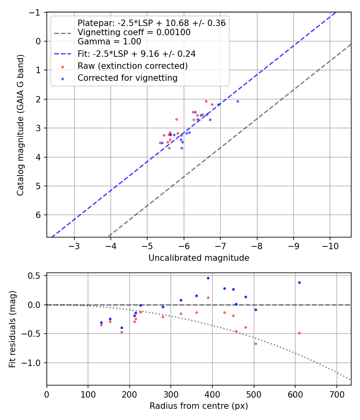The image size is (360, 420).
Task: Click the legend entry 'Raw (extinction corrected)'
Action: click(133, 66)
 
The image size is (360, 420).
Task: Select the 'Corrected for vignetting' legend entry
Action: click(128, 78)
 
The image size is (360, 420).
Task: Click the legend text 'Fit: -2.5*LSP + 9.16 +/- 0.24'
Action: click(136, 53)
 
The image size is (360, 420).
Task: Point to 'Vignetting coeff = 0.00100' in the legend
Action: click(134, 32)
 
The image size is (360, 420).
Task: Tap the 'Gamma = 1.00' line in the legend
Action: click(109, 41)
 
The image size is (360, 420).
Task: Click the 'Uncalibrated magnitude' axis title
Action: click(199, 258)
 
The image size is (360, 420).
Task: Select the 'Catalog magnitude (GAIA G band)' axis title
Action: click(20, 125)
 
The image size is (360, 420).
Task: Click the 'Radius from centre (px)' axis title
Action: click(199, 406)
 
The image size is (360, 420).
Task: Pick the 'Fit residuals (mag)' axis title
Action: click(12, 329)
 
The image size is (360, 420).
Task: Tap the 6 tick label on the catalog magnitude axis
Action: click(39, 215)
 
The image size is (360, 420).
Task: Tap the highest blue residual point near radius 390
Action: click(208, 278)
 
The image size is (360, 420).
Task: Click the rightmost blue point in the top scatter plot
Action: click(238, 101)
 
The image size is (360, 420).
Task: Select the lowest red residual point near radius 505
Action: click(256, 344)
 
